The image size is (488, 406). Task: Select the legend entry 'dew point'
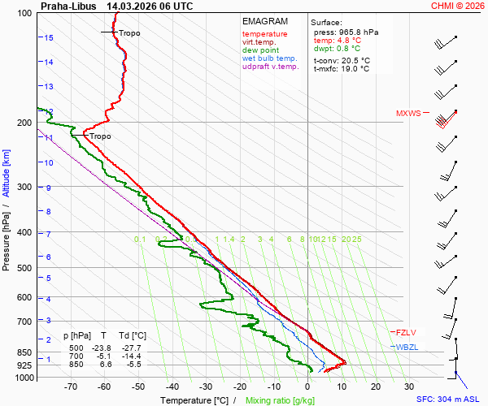coord(260,50)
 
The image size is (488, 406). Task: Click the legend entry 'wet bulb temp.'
coord(269,58)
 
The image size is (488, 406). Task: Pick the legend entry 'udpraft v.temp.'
coord(272,67)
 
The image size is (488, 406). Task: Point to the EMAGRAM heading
coord(265,21)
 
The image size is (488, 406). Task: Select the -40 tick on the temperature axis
coord(172,387)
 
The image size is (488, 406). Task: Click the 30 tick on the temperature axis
coord(409,387)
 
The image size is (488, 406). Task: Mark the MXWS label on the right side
coord(408,114)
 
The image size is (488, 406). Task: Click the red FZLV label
coord(406,332)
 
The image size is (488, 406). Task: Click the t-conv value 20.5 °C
coord(355,60)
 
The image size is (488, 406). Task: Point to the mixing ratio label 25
coord(356,240)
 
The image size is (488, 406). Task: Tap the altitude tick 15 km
coord(49,38)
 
